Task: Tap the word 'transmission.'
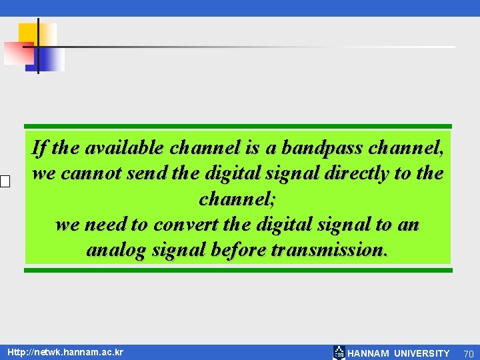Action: point(329,250)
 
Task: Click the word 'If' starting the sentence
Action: point(39,147)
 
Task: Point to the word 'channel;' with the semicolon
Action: point(237,199)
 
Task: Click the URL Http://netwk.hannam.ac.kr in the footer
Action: point(65,351)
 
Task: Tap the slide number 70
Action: point(468,353)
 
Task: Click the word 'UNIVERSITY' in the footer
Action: point(421,353)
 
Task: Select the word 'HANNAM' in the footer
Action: point(368,353)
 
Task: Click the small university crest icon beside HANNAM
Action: point(339,353)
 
